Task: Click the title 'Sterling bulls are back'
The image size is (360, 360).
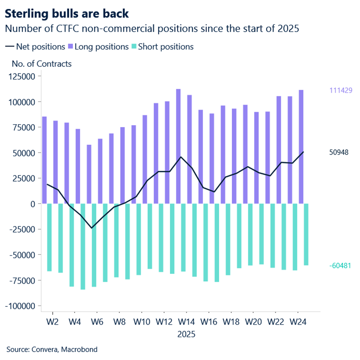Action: click(x=67, y=13)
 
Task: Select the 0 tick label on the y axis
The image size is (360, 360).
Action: click(x=33, y=204)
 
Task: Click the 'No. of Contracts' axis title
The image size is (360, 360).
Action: click(x=42, y=63)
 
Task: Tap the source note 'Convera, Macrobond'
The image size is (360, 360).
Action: click(x=52, y=349)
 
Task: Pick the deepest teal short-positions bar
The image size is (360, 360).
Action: click(x=83, y=246)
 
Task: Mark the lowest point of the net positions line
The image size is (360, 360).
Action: click(x=92, y=228)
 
